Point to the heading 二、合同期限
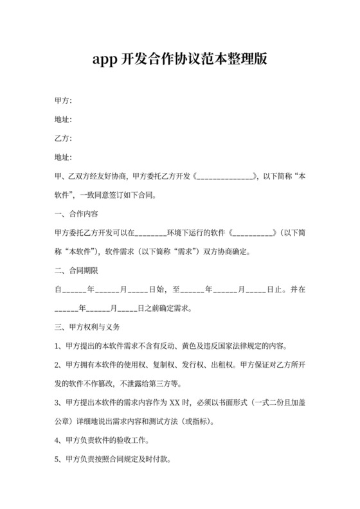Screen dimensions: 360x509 coord(76,270)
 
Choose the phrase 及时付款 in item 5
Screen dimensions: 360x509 coord(155,460)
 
